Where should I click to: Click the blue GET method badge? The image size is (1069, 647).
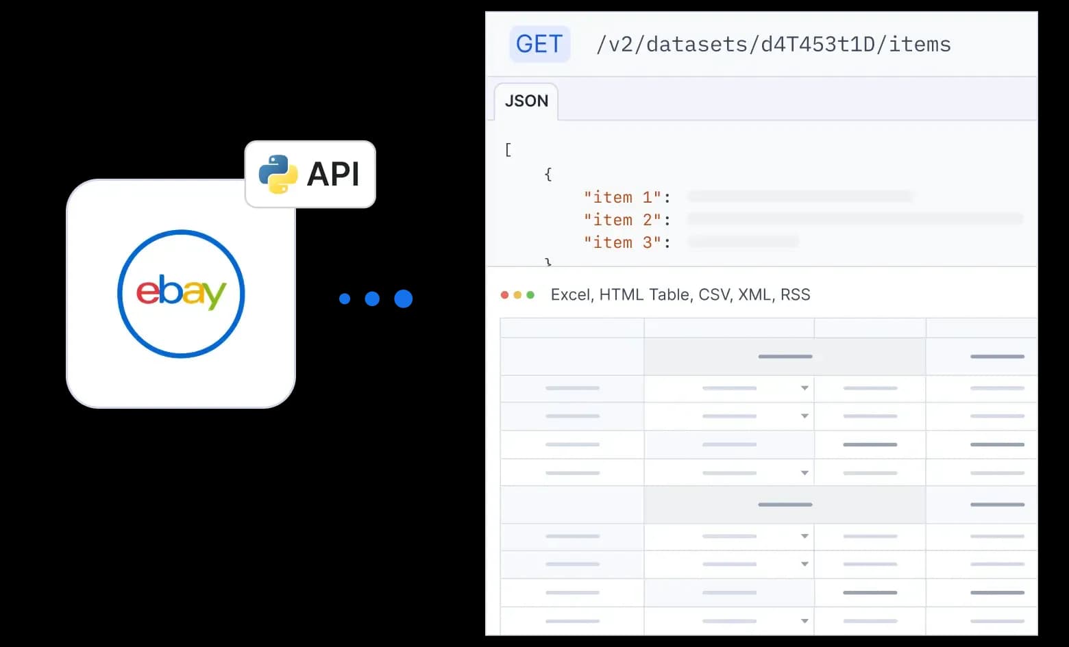tap(539, 45)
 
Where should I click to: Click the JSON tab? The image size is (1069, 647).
tap(526, 101)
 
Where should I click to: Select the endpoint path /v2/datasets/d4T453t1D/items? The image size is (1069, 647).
tap(773, 45)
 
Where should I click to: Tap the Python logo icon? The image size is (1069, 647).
tap(278, 174)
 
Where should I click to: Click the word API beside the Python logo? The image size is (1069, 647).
tap(333, 174)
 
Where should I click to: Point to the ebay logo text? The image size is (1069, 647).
tap(181, 293)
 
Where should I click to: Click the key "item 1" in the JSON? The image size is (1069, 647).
tap(622, 197)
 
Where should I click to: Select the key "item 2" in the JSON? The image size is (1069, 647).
tap(622, 220)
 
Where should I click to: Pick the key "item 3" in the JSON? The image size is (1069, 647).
tap(622, 242)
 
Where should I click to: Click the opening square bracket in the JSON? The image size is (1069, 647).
tap(508, 150)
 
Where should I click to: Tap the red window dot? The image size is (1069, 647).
tap(505, 295)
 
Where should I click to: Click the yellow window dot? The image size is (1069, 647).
tap(517, 295)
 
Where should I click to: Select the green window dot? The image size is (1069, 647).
tap(530, 295)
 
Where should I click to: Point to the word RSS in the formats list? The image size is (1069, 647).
tap(795, 295)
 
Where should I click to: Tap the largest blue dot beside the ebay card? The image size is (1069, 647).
tap(404, 299)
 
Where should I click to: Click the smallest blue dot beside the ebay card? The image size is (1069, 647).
tap(345, 299)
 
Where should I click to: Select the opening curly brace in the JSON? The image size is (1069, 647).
tap(548, 175)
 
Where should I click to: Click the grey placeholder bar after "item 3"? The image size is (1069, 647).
tap(743, 242)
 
